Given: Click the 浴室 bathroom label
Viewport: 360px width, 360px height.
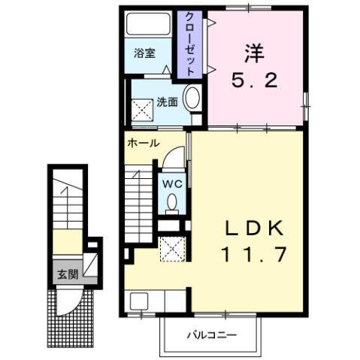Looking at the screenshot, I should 144,54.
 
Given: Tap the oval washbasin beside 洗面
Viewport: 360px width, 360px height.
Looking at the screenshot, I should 192,98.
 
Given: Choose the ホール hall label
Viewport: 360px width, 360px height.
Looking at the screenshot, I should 143,142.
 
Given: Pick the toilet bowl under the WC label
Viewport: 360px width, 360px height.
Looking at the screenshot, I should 173,202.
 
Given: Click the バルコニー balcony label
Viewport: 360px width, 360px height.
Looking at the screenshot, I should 210,333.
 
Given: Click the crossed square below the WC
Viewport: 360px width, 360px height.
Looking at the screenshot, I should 172,247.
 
